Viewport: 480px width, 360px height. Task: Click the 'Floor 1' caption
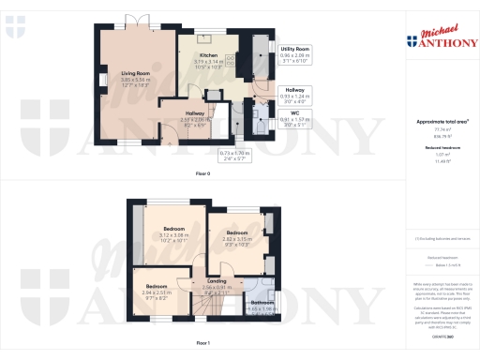201,344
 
